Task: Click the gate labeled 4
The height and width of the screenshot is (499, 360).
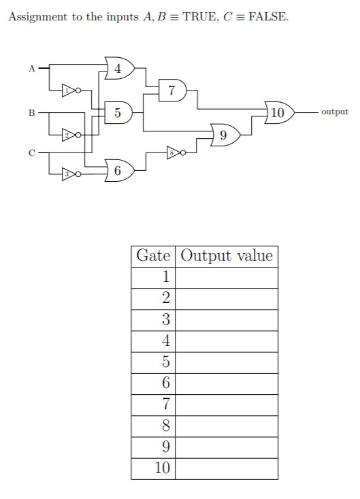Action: pos(120,68)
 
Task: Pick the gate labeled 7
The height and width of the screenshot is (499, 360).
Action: pos(172,90)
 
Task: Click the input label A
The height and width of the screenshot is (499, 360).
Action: pos(31,68)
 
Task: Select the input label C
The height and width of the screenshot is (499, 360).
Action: pos(31,153)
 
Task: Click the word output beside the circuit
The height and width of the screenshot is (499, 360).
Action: pos(334,112)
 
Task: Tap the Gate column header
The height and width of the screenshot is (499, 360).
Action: pos(153,256)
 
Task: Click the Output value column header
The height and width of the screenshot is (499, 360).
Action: pos(227,256)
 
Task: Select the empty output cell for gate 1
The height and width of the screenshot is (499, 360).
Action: pos(227,277)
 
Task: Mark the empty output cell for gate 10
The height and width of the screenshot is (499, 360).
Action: pos(227,468)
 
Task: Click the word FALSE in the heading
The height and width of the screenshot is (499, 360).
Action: pos(268,17)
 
